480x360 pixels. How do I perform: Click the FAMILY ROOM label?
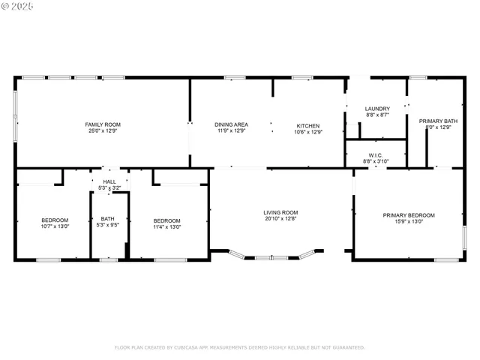pos(103,124)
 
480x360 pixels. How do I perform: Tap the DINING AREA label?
pos(231,125)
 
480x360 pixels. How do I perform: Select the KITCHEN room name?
pos(308,125)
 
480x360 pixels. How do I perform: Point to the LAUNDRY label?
pos(377,109)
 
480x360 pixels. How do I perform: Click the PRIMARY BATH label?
pos(438,121)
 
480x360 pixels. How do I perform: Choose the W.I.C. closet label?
pos(376,154)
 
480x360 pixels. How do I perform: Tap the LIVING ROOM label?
pos(280,212)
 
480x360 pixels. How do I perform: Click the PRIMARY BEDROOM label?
pos(409,215)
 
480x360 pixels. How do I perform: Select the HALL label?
pos(109,181)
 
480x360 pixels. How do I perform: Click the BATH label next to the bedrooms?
pos(108,219)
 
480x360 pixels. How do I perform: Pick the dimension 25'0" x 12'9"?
pos(103,131)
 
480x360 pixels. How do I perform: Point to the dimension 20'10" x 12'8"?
pos(280,219)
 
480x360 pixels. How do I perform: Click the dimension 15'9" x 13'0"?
pos(409,222)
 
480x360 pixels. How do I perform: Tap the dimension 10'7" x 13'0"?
pos(55,226)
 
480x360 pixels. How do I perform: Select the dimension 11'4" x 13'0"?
pos(167,226)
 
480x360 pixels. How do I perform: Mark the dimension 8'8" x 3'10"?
pos(376,160)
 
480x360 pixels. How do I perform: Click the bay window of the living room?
pos(273,257)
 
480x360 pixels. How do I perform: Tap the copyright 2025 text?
pos(18,6)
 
